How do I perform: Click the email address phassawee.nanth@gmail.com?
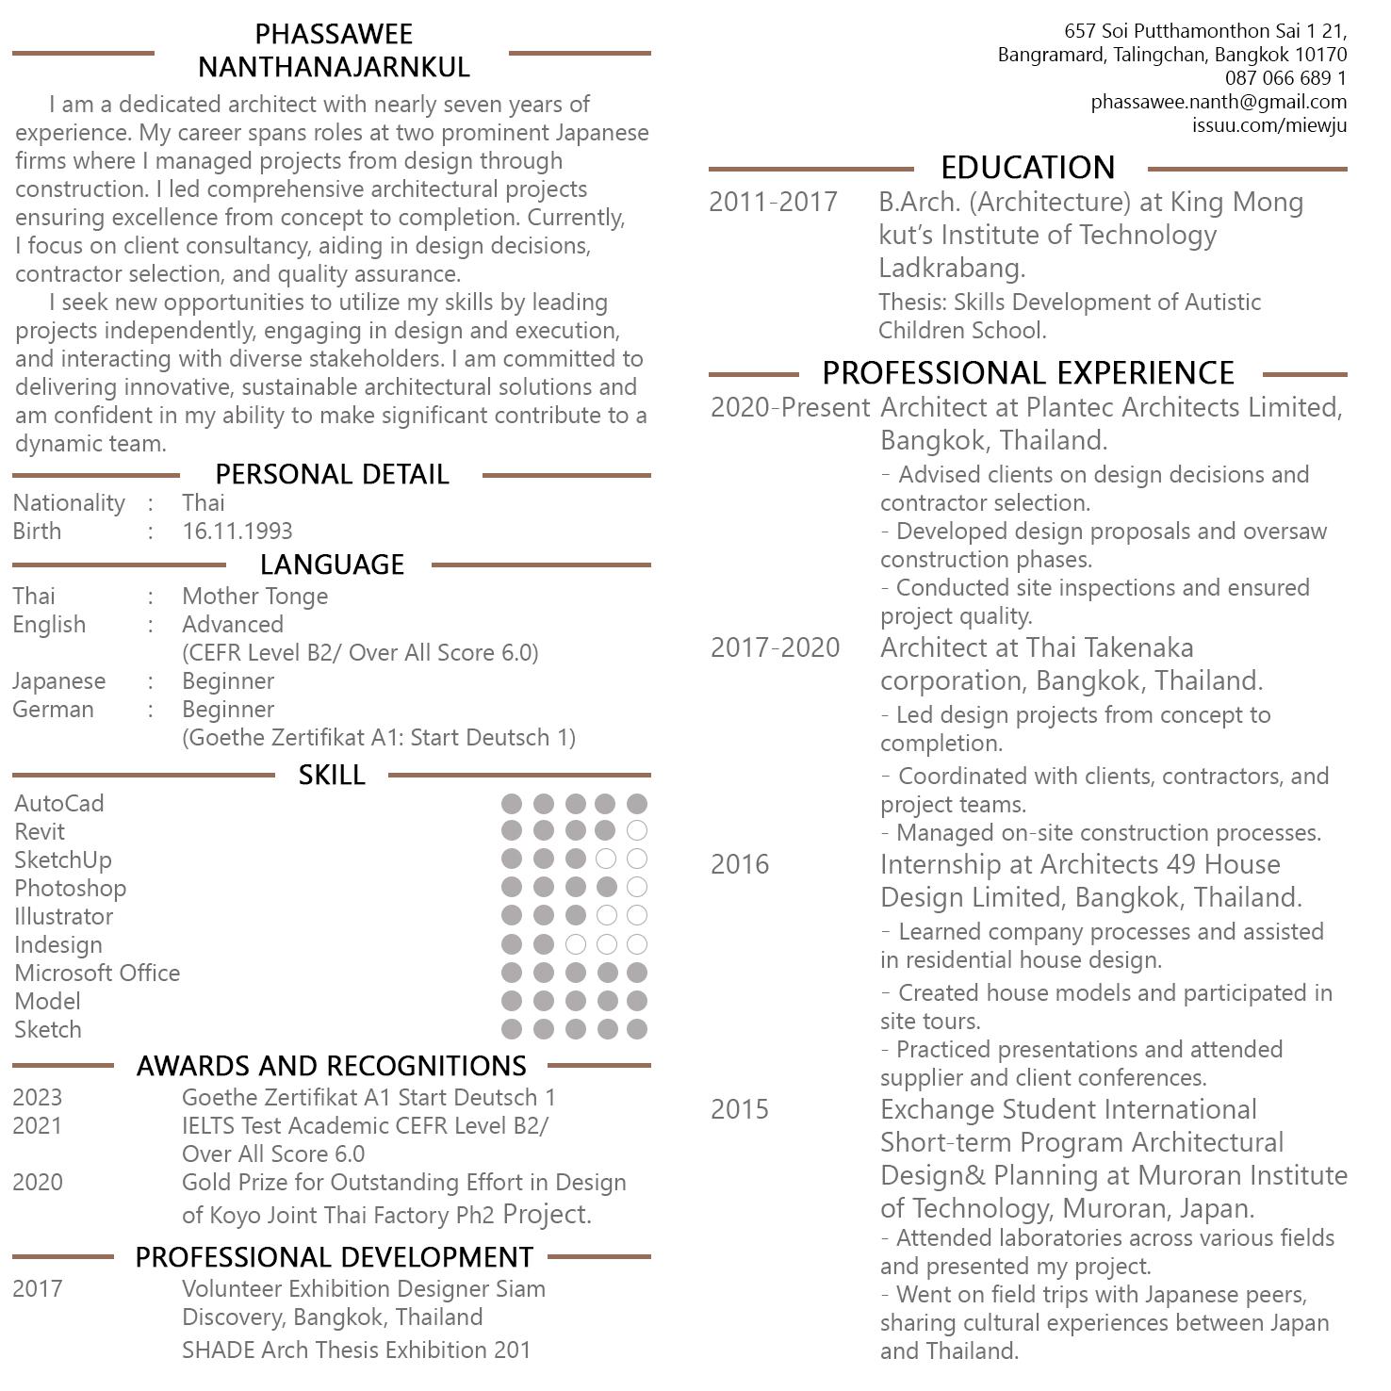pos(1219,102)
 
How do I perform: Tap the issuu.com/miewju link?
pos(1268,125)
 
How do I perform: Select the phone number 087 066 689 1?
pos(1285,78)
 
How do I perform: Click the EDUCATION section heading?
pos(1027,168)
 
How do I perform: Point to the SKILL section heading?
pos(332,775)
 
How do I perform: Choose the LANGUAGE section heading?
pos(332,565)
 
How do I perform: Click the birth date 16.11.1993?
pos(237,531)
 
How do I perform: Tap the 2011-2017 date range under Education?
pos(773,202)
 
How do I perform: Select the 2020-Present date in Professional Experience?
pos(790,407)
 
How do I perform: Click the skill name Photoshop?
pos(70,888)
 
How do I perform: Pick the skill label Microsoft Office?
pos(97,973)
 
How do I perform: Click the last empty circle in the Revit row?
pos(637,830)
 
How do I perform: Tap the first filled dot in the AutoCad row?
pos(512,803)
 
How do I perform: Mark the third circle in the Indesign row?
pos(575,944)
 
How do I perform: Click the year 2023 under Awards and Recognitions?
pos(38,1097)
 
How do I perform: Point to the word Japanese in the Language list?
pos(58,680)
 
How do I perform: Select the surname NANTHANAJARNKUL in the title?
pos(334,67)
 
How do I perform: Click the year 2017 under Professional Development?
pos(38,1288)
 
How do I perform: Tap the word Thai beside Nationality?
pos(204,502)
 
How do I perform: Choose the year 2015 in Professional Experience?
pos(740,1109)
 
